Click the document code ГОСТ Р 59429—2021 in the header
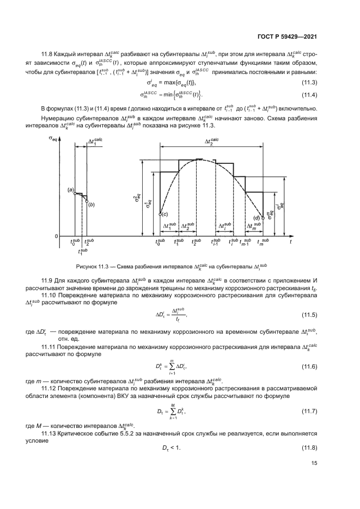tap(288, 36)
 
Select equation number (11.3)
tap(309, 82)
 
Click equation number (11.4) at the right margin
tap(309, 95)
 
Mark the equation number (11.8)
tap(309, 447)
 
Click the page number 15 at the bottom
tap(314, 478)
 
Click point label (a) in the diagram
tap(71, 189)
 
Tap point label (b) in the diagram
tap(91, 204)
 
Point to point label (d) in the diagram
tap(255, 218)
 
